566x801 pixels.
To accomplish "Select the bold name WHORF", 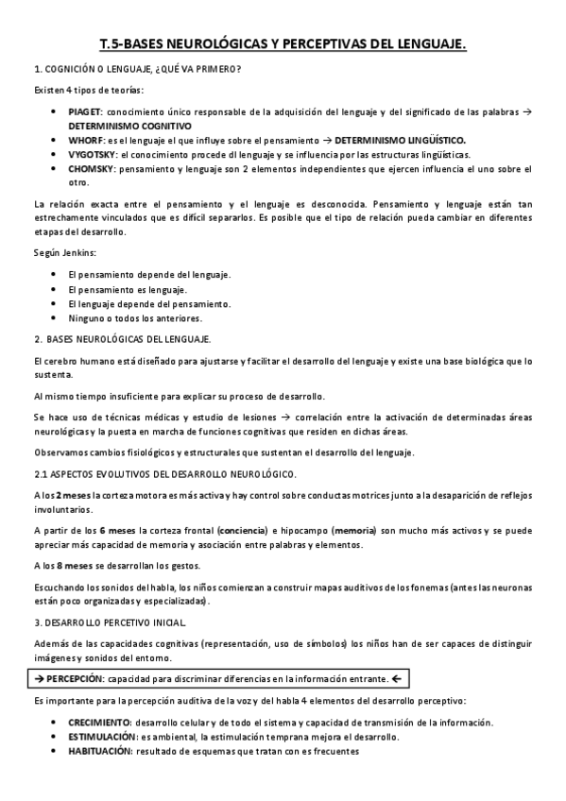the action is point(86,140).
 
